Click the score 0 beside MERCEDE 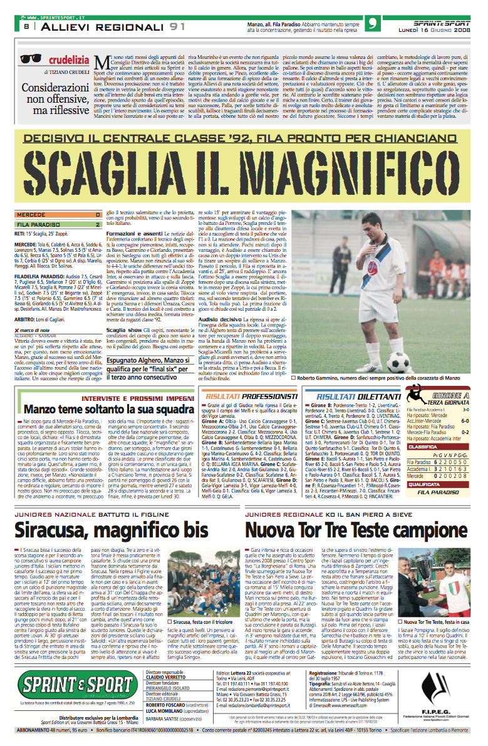click(98, 215)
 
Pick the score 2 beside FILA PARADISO click(98, 224)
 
